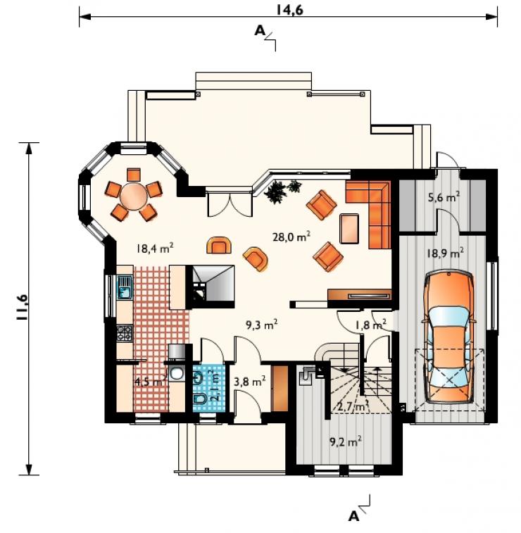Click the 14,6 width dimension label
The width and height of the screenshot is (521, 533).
289,10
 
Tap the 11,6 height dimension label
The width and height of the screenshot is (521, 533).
22,307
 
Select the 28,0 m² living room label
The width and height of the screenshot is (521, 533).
291,236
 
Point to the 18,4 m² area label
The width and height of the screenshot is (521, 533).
156,248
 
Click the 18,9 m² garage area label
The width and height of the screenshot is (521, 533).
446,253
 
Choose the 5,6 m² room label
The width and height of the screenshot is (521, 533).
444,196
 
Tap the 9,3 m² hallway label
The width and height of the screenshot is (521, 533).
261,325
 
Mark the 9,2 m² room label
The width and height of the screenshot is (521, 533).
346,441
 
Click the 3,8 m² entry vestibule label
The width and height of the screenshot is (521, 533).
250,381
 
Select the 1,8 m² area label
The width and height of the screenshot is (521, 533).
370,325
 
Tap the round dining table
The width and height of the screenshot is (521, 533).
134,196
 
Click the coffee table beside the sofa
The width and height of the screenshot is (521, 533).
349,228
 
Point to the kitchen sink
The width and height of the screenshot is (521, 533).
125,287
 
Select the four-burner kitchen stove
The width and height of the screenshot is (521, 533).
125,334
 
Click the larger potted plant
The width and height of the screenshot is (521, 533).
275,193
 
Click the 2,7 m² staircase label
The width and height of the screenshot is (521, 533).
353,406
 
